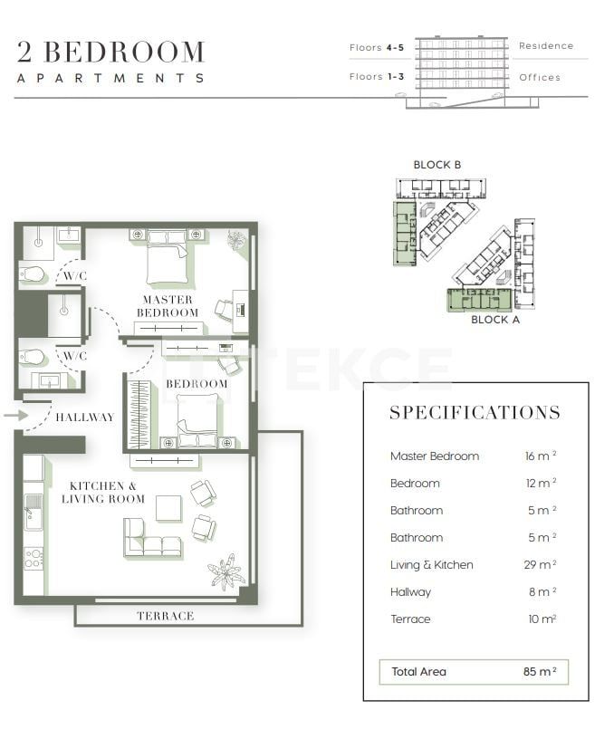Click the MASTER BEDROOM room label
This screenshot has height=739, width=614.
[167, 306]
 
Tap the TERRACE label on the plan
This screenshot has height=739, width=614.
[166, 616]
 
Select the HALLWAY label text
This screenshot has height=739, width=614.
[85, 417]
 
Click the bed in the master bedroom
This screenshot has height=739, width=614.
[167, 255]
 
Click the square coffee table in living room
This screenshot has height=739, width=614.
[168, 508]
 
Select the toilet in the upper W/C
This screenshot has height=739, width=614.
[34, 274]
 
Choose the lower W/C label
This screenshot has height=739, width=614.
[72, 356]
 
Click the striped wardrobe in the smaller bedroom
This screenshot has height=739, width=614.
[139, 414]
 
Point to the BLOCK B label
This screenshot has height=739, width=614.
[437, 165]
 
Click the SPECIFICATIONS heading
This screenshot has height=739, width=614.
[475, 413]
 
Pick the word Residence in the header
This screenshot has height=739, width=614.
[546, 46]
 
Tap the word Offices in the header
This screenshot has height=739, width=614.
[540, 77]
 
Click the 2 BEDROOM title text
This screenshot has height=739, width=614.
[110, 52]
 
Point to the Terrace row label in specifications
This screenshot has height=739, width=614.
[410, 619]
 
